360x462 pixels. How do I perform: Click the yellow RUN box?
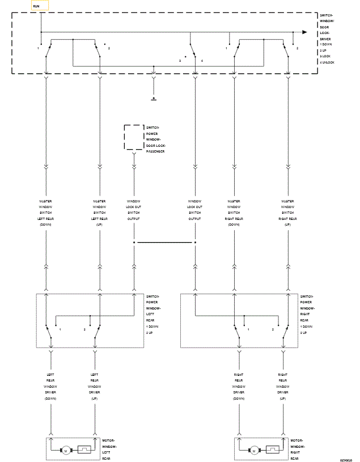[39, 6]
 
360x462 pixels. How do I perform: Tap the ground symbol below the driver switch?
[154, 98]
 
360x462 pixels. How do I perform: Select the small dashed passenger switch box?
[134, 138]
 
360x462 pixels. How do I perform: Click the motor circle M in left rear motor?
[65, 451]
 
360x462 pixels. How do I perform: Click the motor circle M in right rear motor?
[254, 451]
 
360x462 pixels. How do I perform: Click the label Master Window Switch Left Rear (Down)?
[46, 213]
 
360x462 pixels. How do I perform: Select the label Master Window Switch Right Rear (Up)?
[287, 213]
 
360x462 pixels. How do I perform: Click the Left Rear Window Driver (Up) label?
[94, 387]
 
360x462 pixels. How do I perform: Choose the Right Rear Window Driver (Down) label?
[238, 387]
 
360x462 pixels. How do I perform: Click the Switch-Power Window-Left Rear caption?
[154, 314]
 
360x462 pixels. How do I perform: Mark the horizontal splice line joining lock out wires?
[164, 243]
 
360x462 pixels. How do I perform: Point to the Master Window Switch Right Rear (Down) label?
[234, 213]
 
